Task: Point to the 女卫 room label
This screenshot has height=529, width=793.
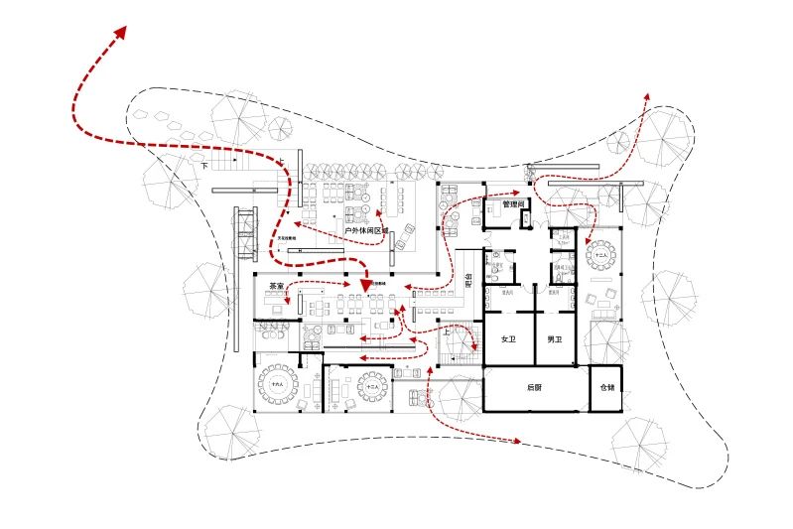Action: pyautogui.click(x=509, y=339)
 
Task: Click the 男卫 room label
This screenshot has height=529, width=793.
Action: pyautogui.click(x=556, y=339)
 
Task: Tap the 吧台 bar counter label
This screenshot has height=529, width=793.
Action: pyautogui.click(x=467, y=285)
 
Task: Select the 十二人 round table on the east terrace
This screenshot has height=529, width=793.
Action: pyautogui.click(x=600, y=256)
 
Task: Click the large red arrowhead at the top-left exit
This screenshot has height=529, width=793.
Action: pyautogui.click(x=120, y=32)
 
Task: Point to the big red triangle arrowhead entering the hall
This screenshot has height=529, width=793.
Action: pyautogui.click(x=366, y=288)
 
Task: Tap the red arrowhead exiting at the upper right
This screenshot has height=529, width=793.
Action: pyautogui.click(x=646, y=98)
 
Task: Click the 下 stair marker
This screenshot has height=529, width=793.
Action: pyautogui.click(x=205, y=167)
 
